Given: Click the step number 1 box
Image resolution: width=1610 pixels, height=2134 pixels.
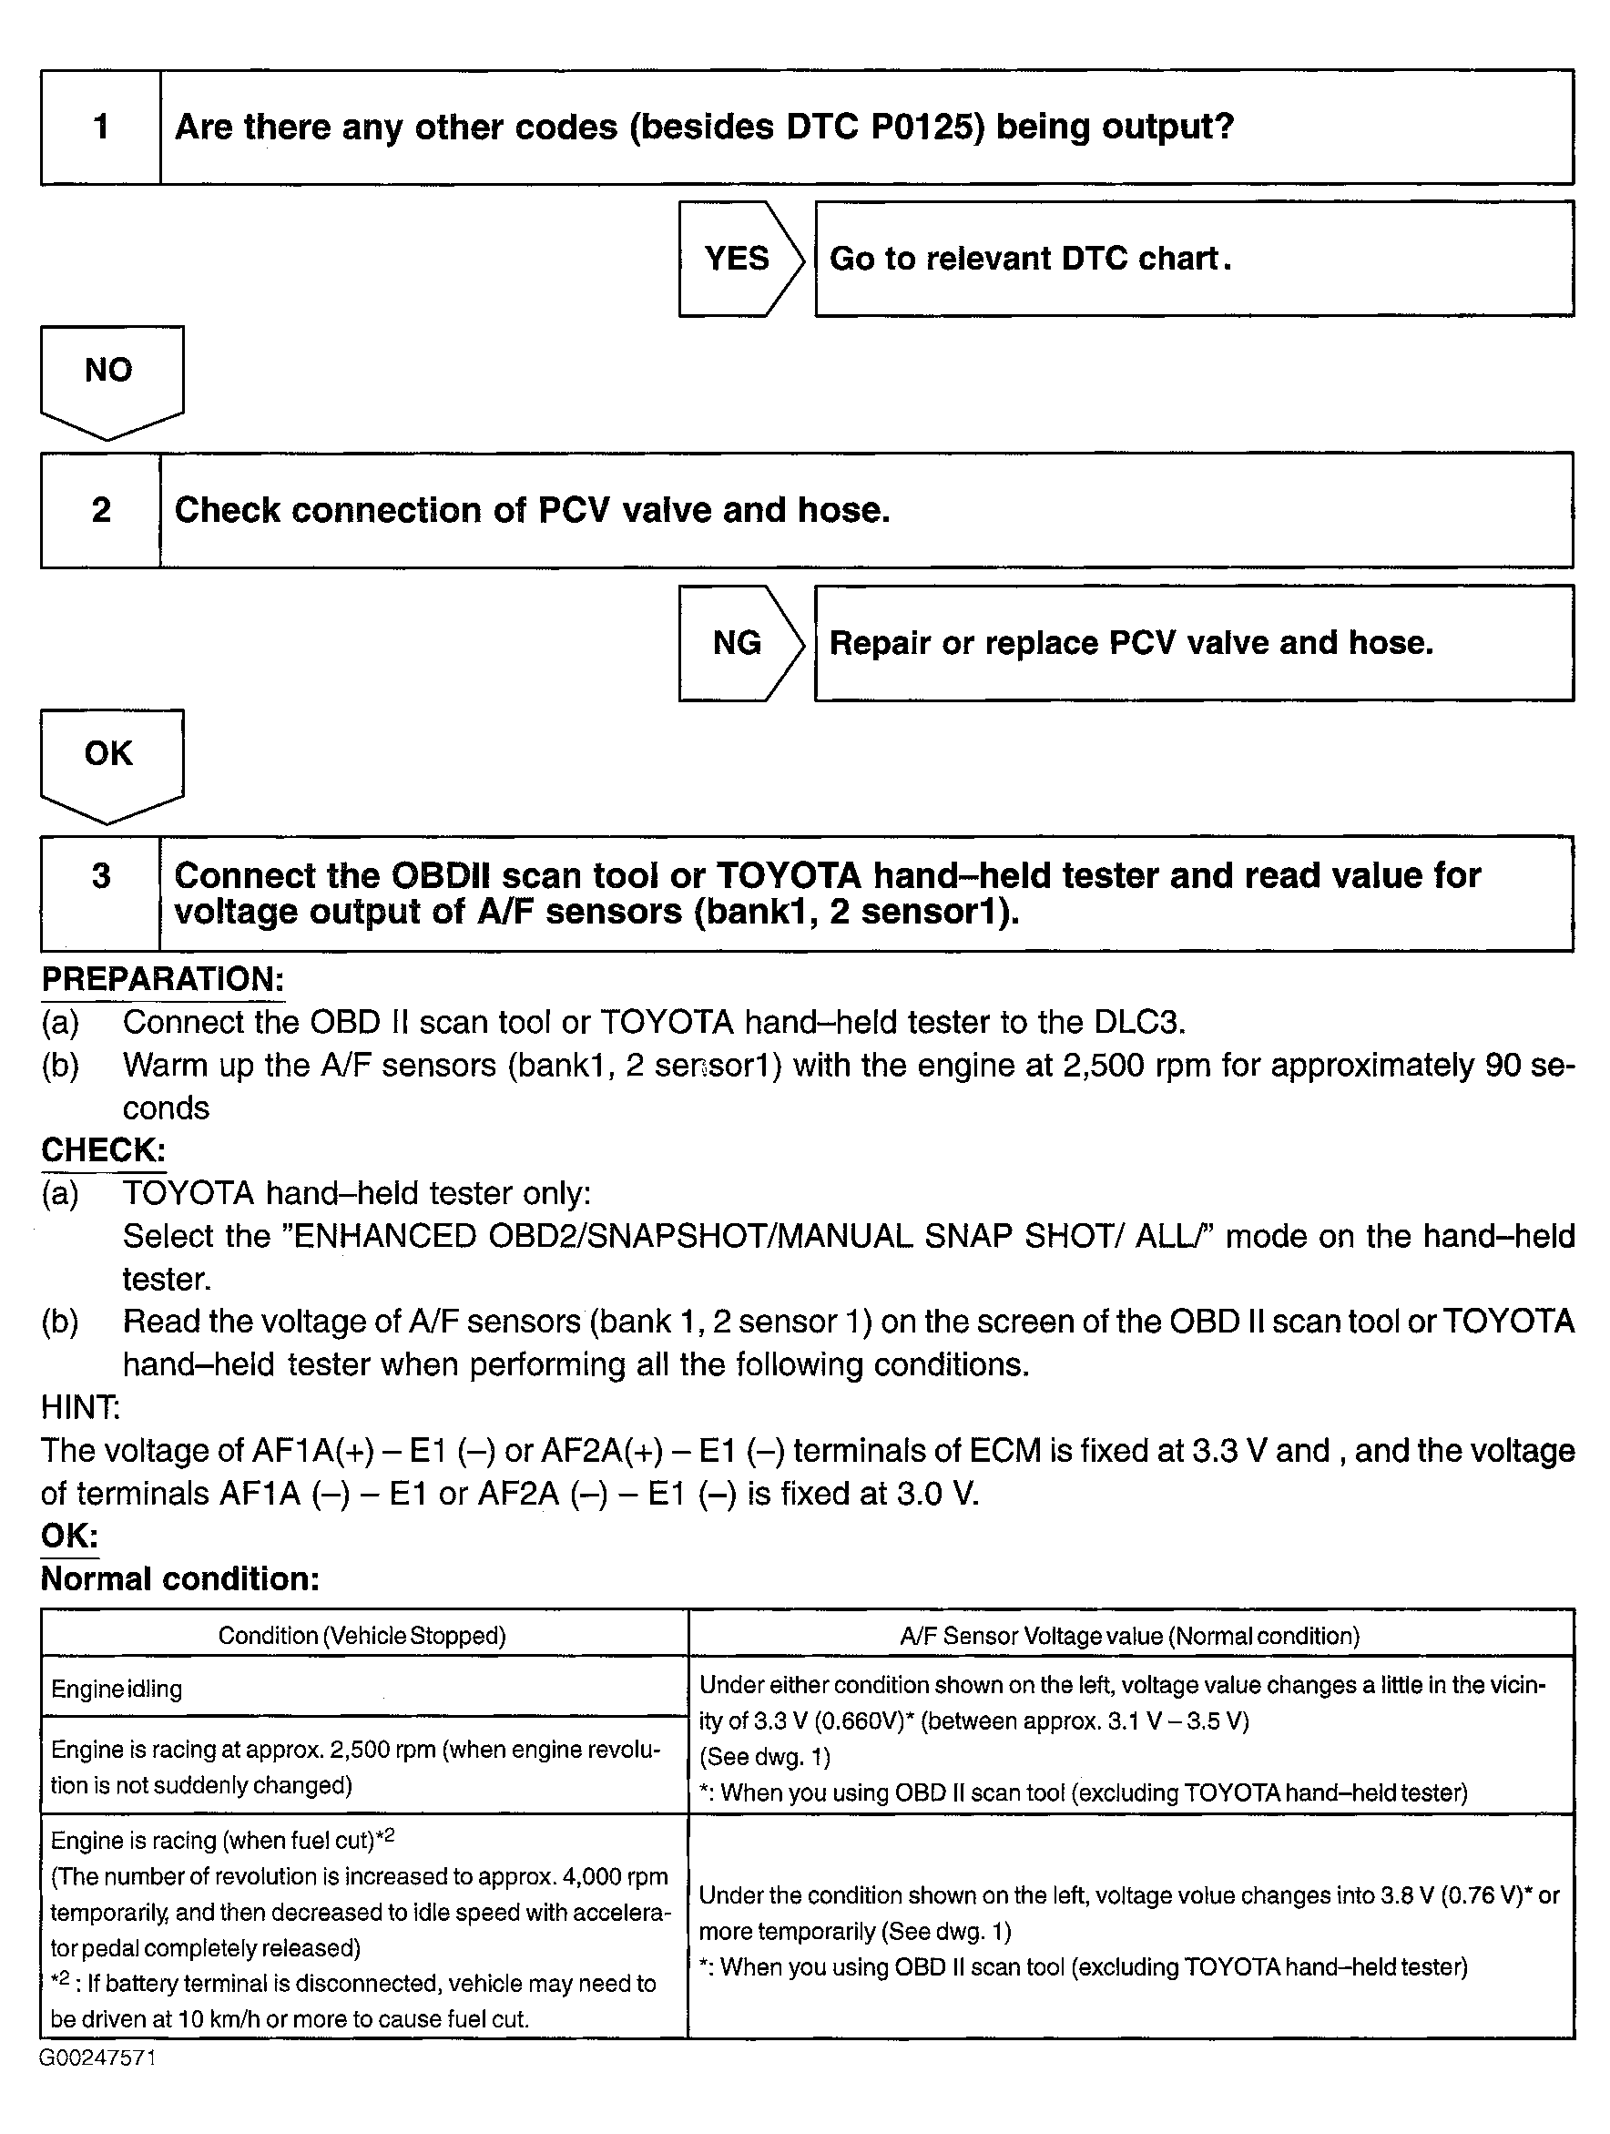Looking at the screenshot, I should pos(100,127).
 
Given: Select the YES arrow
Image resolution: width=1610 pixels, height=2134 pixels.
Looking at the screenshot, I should pos(738,259).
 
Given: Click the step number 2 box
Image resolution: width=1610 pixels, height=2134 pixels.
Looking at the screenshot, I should pos(100,509).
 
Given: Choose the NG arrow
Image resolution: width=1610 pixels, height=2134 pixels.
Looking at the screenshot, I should pos(738,642).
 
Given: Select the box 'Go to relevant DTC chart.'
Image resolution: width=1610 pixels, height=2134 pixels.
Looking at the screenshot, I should pos(1193,259).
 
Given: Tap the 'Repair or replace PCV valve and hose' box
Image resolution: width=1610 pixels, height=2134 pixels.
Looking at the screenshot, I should pos(1193,642).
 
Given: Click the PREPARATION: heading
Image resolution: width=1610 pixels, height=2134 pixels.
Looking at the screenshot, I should pos(162,979).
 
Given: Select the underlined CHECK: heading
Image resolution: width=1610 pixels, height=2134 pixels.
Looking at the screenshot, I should pos(103,1150).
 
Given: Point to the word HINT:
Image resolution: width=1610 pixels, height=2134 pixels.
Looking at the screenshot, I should pos(80,1407).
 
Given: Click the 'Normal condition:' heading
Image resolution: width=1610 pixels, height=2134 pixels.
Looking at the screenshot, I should pos(179,1579).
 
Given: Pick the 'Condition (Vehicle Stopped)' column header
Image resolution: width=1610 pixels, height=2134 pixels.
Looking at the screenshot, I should pos(362,1635).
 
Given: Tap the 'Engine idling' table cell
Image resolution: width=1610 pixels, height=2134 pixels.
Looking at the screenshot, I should pos(117,1690).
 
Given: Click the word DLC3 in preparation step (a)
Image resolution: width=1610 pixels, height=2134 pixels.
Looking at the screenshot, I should pos(1138,1022).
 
